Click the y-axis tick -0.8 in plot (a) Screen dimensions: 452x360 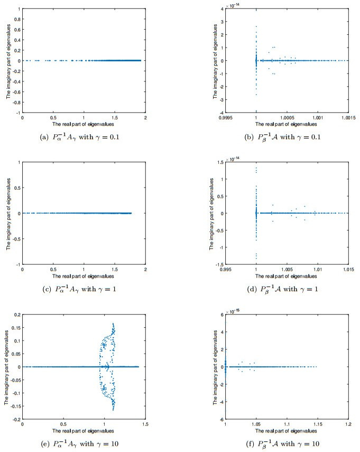click(x=16, y=103)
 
